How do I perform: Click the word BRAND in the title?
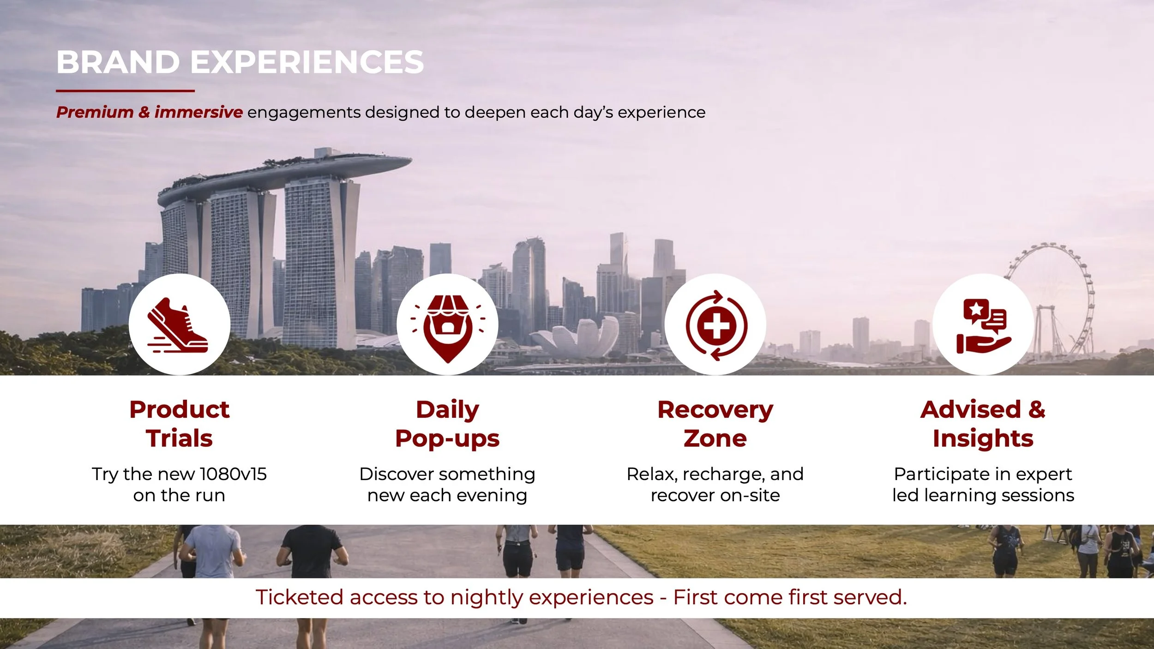[x=118, y=62]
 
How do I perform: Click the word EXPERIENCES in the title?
[x=307, y=62]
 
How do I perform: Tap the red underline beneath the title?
[x=125, y=91]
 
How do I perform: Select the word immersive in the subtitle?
[x=198, y=112]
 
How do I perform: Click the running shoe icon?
[x=179, y=325]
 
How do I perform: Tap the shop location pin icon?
[x=447, y=326]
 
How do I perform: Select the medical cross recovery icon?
[x=715, y=326]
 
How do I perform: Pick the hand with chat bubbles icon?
[x=983, y=326]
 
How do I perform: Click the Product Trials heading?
[x=179, y=423]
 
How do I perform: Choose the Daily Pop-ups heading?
[x=447, y=423]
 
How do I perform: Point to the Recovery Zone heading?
[x=715, y=423]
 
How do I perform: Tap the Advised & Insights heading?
[x=983, y=423]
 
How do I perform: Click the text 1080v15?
[x=233, y=474]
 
